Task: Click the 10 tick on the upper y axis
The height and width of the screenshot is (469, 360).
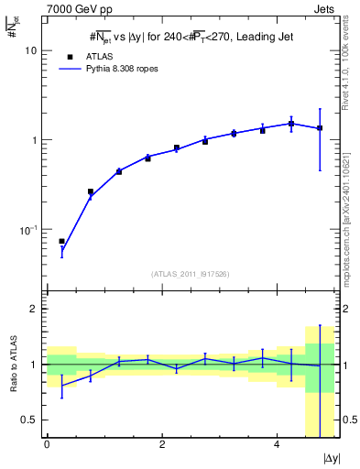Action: click(31, 51)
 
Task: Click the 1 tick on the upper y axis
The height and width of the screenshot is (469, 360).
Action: click(35, 140)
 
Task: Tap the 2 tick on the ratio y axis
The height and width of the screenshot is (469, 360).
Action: click(35, 309)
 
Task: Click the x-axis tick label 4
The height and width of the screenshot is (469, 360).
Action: click(277, 444)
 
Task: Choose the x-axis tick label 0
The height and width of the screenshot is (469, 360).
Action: click(47, 444)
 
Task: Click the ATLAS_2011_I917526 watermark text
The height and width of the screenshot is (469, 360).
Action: click(190, 273)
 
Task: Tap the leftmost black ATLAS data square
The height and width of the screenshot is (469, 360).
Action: click(61, 242)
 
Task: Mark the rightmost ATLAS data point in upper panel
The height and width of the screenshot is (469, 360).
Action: click(320, 128)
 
